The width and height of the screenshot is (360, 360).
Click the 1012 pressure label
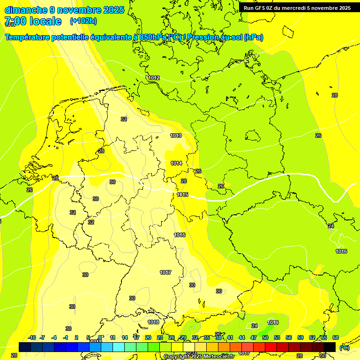pyautogui.click(x=154, y=78)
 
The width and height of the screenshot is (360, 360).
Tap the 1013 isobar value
pyautogui.click(x=176, y=135)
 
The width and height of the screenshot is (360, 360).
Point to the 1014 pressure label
pyautogui.click(x=176, y=163)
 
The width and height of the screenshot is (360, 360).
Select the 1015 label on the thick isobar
pyautogui.click(x=182, y=195)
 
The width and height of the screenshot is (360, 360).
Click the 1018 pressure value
pyautogui.click(x=153, y=322)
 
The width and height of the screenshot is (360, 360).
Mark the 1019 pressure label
pyautogui.click(x=273, y=322)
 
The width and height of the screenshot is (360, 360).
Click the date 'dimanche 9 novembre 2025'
pyautogui.click(x=64, y=10)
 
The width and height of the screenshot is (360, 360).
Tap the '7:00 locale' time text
pyautogui.click(x=33, y=21)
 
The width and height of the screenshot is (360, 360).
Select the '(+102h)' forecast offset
pyautogui.click(x=83, y=21)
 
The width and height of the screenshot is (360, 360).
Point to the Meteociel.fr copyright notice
pyautogui.click(x=199, y=357)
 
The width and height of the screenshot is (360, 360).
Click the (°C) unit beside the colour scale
pyautogui.click(x=344, y=347)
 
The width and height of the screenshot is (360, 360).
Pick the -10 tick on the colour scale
pyautogui.click(x=32, y=337)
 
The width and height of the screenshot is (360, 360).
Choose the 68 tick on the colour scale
pyautogui.click(x=336, y=337)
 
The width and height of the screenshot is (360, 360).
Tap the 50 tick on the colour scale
pyautogui.click(x=265, y=337)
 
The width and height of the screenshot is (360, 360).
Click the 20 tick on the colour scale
pyautogui.click(x=148, y=337)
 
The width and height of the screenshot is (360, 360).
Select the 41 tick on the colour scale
pyautogui.click(x=230, y=337)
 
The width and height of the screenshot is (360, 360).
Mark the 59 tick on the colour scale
pyautogui.click(x=300, y=337)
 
